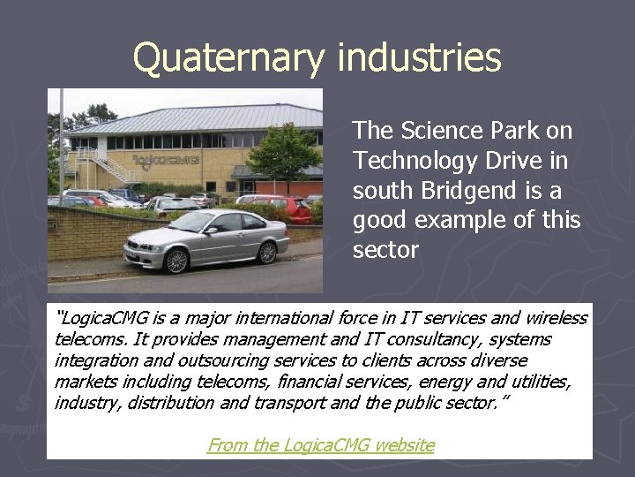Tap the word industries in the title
click(419, 58)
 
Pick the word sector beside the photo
click(385, 250)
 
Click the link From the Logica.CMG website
click(321, 445)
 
